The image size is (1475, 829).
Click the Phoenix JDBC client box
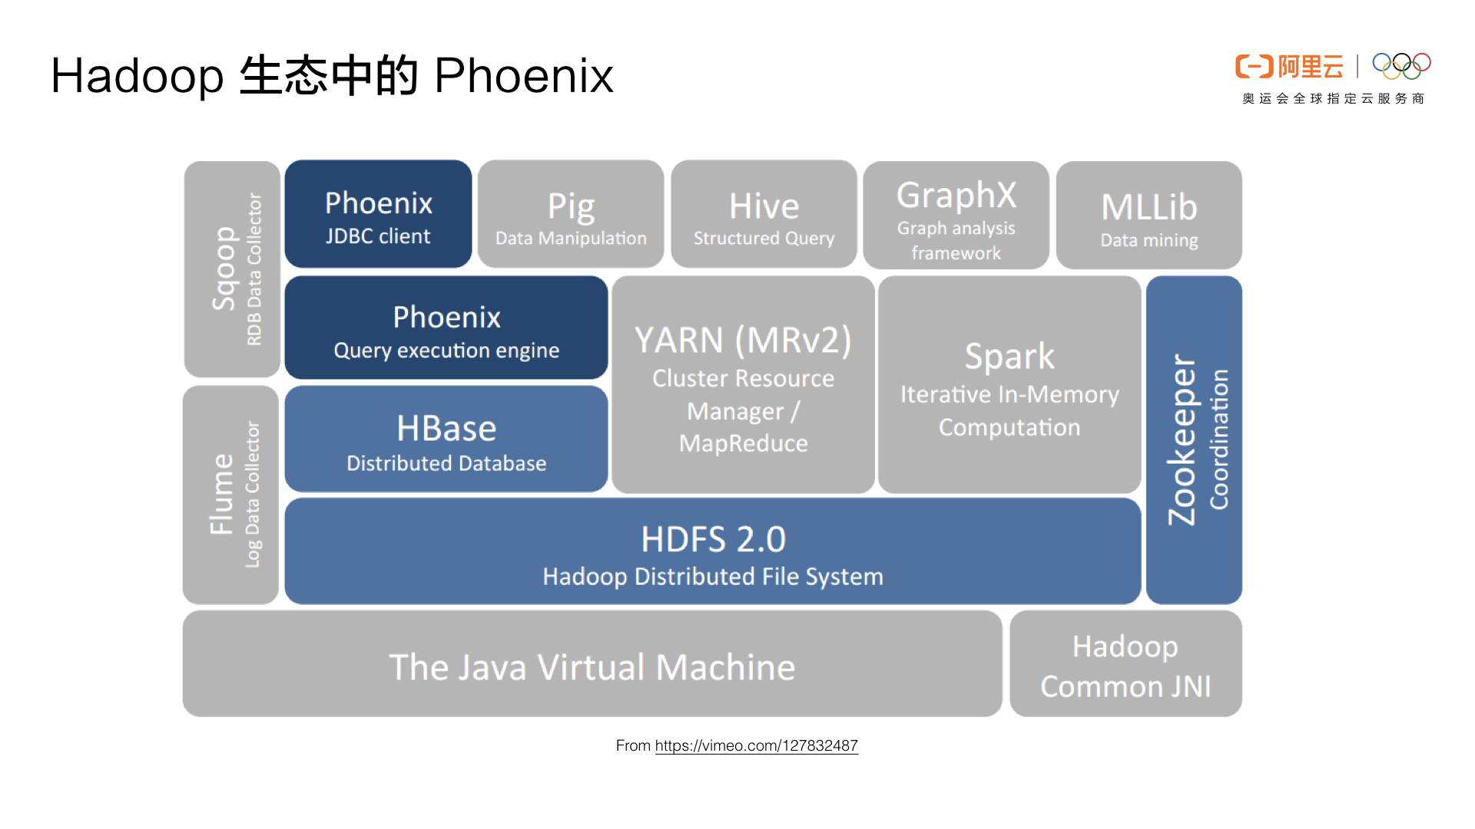pos(378,215)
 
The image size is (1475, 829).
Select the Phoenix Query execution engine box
pos(446,329)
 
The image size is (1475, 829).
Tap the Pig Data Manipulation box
pos(571,215)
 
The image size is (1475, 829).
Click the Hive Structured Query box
pos(764,215)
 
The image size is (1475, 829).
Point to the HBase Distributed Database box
pos(446,440)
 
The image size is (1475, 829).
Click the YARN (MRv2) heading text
pos(743,340)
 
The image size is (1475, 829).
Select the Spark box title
pos(1009,356)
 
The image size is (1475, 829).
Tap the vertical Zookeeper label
pos(1182,440)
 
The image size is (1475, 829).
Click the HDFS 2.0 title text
pos(713,539)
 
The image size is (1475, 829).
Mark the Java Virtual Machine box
pos(592,666)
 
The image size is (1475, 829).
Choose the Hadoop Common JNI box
pos(1125,666)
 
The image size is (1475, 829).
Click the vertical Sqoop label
pos(224,269)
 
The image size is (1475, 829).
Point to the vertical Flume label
pos(221,494)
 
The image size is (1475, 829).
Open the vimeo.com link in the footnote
pos(756,745)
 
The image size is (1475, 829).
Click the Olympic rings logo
pos(1401,66)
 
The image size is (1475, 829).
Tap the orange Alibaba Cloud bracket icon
pos(1254,67)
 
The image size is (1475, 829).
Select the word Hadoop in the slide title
pos(137,76)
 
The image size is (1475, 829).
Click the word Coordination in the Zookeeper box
pos(1220,440)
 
